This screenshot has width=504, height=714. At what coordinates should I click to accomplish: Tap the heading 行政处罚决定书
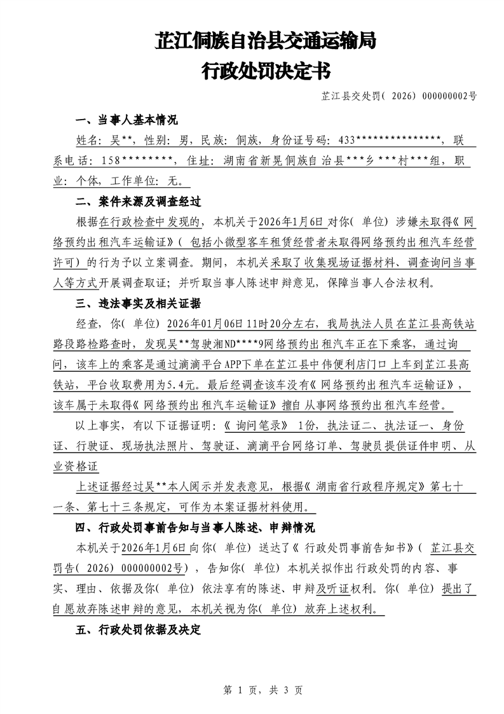pos(266,71)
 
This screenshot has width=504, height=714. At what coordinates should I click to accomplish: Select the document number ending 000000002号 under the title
pos(399,97)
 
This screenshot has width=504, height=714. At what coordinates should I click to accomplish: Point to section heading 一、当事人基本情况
pos(126,120)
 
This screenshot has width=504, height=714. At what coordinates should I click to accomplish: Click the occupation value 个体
pos(88,181)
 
